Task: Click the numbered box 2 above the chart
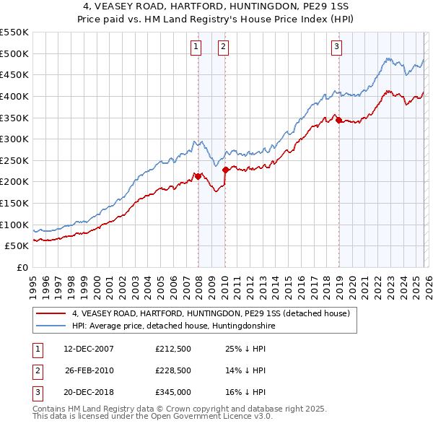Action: point(224,48)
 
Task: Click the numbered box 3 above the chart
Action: point(336,48)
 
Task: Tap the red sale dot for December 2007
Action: point(198,176)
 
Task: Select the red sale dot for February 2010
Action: point(226,170)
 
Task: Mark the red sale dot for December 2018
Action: point(338,120)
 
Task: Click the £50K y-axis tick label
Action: point(17,246)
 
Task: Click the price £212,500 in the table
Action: point(172,349)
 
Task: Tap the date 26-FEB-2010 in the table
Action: point(89,370)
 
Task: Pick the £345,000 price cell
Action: point(172,392)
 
